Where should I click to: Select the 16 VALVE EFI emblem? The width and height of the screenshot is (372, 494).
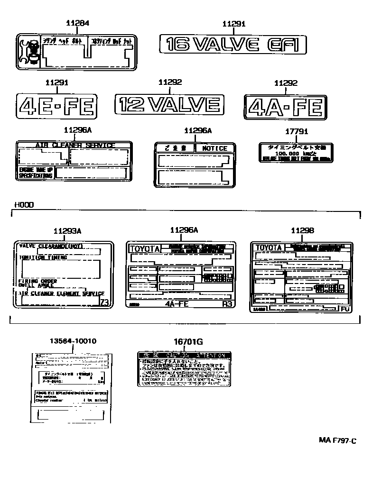point(233,45)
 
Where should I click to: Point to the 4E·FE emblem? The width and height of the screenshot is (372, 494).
point(57,106)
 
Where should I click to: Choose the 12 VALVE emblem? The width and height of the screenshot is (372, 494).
point(169,103)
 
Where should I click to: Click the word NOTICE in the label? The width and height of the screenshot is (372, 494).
point(214,148)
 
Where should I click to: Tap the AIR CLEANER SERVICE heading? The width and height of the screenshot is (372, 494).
point(75,145)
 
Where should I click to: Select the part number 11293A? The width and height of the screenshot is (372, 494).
point(67,231)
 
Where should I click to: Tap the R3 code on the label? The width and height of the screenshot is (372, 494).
point(227,304)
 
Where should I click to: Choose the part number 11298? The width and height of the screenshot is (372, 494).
point(302,230)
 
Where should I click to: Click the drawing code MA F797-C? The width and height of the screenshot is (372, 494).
point(337,440)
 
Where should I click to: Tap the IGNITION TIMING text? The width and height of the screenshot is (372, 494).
point(43,257)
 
